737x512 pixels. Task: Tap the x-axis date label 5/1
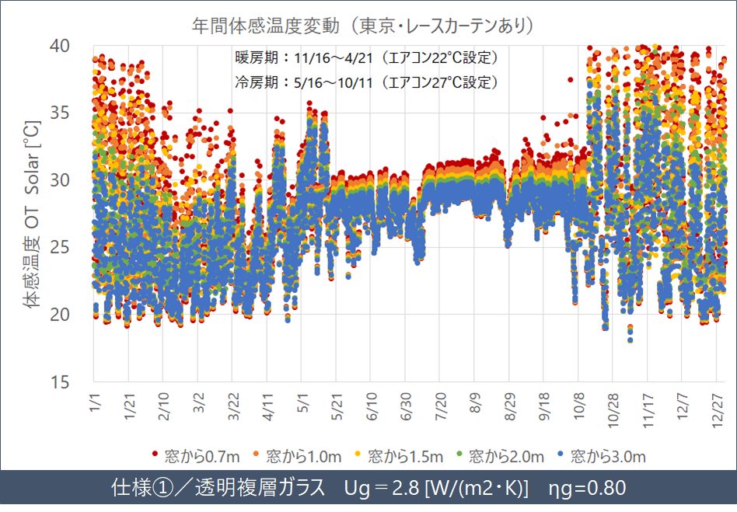point(302,405)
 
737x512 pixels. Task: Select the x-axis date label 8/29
point(508,407)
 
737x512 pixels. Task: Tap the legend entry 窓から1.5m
point(400,456)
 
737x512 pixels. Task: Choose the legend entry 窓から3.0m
point(604,456)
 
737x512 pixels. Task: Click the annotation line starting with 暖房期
point(366,59)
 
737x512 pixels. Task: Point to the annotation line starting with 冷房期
point(366,82)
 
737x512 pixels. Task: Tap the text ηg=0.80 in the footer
point(587,489)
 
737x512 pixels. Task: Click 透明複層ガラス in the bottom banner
point(257,489)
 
